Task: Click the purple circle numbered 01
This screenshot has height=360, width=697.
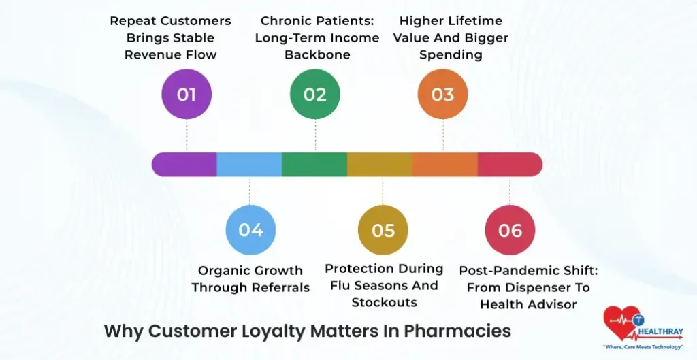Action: coord(187,94)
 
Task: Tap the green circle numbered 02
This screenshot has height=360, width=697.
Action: coord(315,94)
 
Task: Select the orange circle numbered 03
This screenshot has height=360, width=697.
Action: coord(443,94)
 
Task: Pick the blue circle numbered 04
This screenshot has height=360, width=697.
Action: coord(250,230)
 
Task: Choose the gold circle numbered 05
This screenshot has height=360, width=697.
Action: coord(383,230)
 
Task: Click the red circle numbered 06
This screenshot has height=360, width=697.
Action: coord(510,230)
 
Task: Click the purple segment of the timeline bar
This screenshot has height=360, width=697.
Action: coord(184,165)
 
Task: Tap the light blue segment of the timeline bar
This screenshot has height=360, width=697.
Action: coord(249,165)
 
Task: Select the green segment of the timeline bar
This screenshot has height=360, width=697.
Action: coord(314,165)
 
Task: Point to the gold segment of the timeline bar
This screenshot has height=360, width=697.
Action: coord(380,165)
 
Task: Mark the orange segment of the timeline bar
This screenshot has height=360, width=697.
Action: coord(444,165)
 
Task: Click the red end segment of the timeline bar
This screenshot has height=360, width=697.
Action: coord(509,165)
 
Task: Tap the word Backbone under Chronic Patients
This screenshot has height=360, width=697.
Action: coord(317,55)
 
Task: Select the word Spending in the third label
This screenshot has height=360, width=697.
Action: coord(451,55)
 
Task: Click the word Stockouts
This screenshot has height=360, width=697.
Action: coord(384,303)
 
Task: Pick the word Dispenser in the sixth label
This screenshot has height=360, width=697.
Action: coord(543,288)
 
